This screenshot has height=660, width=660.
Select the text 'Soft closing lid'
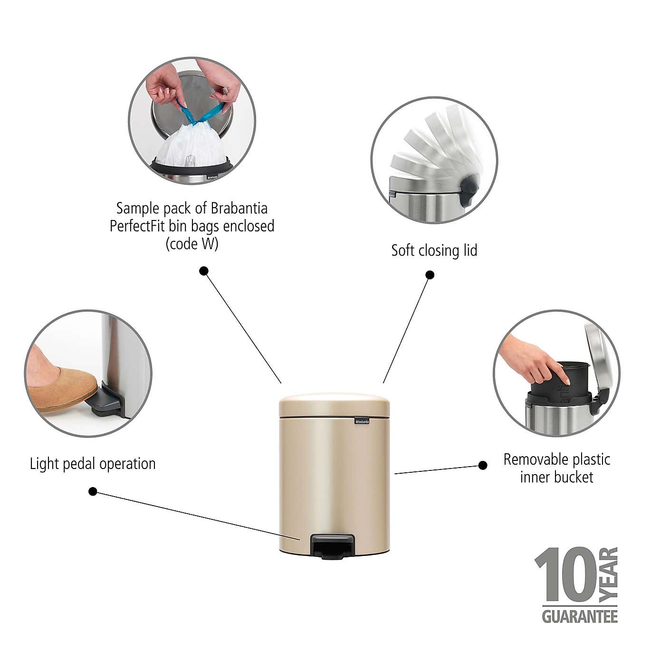click(x=434, y=250)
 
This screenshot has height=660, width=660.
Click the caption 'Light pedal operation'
click(x=93, y=464)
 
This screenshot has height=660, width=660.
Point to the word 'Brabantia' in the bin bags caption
click(x=239, y=208)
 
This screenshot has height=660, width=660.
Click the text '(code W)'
click(x=192, y=244)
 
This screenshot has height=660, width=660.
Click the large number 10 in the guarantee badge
click(x=565, y=575)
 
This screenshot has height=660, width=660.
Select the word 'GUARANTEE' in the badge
click(x=580, y=617)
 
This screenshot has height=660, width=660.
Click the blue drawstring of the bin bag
click(x=200, y=114)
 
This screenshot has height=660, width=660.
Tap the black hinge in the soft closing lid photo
click(x=469, y=189)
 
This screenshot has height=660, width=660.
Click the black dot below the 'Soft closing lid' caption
click(x=430, y=275)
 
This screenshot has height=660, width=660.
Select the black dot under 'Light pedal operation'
click(x=93, y=491)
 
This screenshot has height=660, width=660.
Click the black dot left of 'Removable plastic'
click(x=483, y=465)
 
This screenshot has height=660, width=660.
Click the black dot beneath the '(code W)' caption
click(x=204, y=271)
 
